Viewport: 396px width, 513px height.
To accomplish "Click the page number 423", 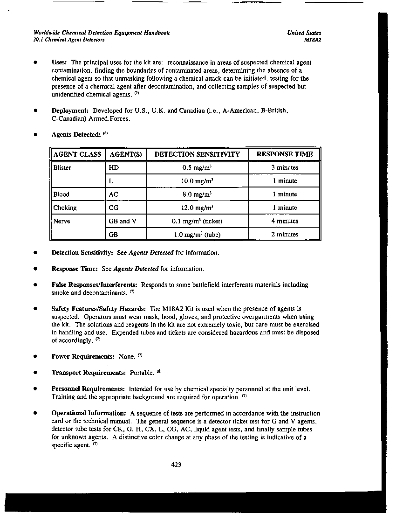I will click(x=176, y=464).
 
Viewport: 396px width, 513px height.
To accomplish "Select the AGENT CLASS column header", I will click(x=77, y=154).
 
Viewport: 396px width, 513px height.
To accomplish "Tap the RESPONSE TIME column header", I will click(x=285, y=154).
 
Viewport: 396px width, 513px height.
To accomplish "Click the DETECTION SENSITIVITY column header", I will click(x=197, y=154).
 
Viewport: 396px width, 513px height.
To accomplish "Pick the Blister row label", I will click(x=62, y=167).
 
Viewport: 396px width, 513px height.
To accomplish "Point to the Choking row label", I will click(x=65, y=208).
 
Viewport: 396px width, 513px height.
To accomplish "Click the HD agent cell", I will click(x=113, y=167).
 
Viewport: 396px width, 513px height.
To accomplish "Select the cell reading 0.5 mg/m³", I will click(x=198, y=167).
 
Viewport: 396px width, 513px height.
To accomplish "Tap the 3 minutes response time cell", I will click(x=285, y=167).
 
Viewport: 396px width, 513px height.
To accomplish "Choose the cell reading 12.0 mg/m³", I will click(x=198, y=208).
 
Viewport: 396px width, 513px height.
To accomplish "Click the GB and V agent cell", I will click(x=122, y=222).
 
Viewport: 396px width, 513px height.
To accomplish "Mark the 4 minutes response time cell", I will click(x=285, y=222).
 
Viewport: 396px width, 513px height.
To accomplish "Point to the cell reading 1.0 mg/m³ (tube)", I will click(x=198, y=235).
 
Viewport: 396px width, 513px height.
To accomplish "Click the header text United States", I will click(x=304, y=33).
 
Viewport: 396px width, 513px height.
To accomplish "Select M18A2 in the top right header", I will click(x=312, y=40).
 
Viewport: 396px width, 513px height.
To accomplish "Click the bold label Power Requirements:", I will click(x=83, y=357).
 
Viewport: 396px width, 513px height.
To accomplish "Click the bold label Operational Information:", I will click(x=89, y=413).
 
